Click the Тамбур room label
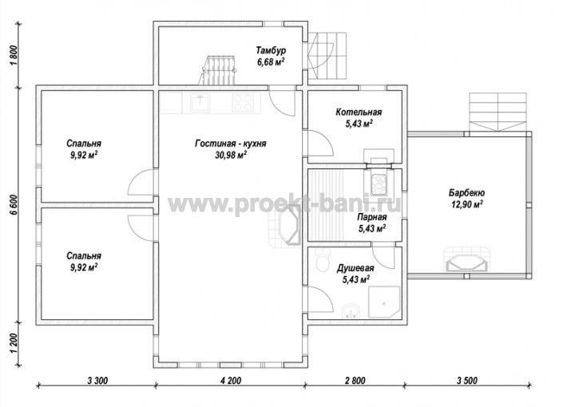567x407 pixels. pos(271,50)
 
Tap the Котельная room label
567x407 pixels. pos(359,112)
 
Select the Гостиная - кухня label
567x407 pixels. pos(231,144)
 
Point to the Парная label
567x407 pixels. pos(371,217)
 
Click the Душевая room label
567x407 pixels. pos(355,268)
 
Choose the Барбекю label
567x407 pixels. pos(467,192)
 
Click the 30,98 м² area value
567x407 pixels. pos(231,155)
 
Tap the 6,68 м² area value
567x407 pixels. pos(271,61)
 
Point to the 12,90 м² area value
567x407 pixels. pos(467,204)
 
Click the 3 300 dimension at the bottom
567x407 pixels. pos(97,381)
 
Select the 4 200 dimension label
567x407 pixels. pos(230,381)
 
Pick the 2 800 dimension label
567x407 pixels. pos(355,381)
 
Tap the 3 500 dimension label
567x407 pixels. pos(467,381)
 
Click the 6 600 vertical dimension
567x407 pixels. pos(14,205)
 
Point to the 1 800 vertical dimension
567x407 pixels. pos(14,56)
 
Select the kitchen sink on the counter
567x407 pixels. pos(200,102)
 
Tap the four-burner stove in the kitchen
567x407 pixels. pos(243,102)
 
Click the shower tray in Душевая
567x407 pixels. pos(384,302)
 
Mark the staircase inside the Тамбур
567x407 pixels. pos(218,70)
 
